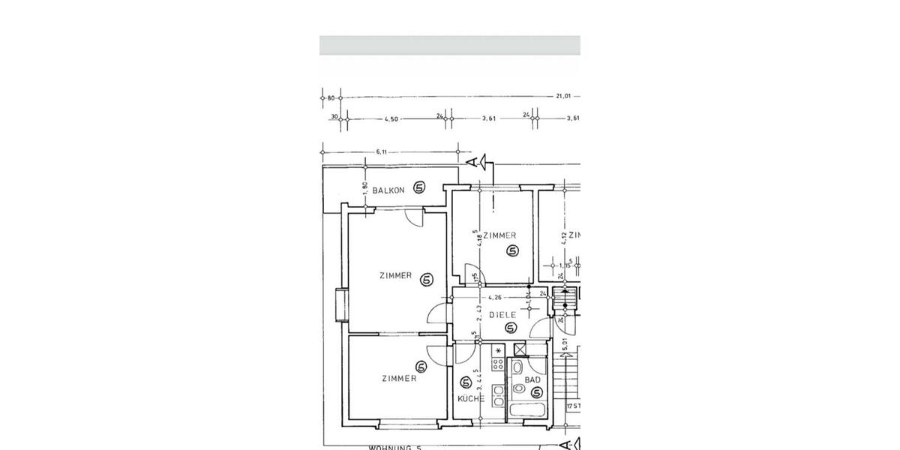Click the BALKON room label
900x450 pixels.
pos(388,190)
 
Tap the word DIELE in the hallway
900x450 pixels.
pos(502,315)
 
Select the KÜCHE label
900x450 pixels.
pos(471,398)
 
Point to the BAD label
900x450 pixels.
pos(532,380)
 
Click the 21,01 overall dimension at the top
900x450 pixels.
pos(563,96)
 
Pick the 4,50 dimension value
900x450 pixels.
pos(391,118)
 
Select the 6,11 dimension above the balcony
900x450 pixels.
pos(382,152)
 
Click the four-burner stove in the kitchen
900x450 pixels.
pos(497,364)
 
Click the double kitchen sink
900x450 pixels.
pos(498,395)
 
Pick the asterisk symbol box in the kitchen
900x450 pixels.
pos(497,350)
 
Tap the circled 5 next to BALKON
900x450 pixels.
pos(419,188)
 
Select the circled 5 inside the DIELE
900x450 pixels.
pos(511,328)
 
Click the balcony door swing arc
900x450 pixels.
pos(414,217)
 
